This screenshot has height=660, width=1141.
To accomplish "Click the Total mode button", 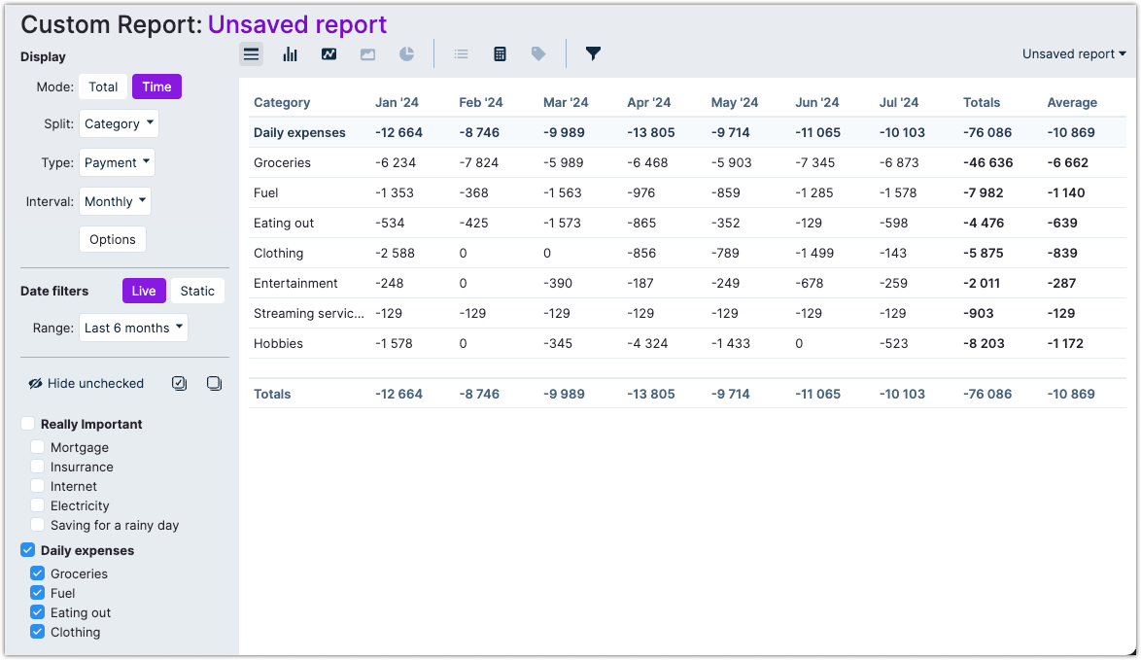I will [103, 87].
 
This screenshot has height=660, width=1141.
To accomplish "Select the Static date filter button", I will [197, 291].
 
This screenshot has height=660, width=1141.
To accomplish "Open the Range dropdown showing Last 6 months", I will [134, 328].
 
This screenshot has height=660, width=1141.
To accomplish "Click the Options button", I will [113, 239].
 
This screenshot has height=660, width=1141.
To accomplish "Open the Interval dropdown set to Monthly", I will [115, 201].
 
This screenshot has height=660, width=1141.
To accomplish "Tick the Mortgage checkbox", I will [38, 447].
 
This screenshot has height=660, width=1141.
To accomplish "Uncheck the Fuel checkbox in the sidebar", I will [38, 593].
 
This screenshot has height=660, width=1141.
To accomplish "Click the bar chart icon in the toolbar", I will [290, 54].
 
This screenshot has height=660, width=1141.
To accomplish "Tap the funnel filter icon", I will [593, 54].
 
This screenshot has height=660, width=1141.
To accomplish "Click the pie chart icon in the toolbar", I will [406, 54].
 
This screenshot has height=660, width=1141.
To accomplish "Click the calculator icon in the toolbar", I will [500, 54].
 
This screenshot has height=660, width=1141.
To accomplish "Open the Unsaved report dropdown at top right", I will [1074, 54].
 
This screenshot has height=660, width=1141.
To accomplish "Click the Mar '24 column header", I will [566, 102].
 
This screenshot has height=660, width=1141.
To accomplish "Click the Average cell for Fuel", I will [1066, 192].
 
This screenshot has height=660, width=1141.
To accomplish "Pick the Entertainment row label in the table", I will [295, 283].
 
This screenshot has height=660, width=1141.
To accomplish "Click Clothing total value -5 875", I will [984, 253].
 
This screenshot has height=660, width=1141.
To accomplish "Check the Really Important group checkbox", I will [28, 424].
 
